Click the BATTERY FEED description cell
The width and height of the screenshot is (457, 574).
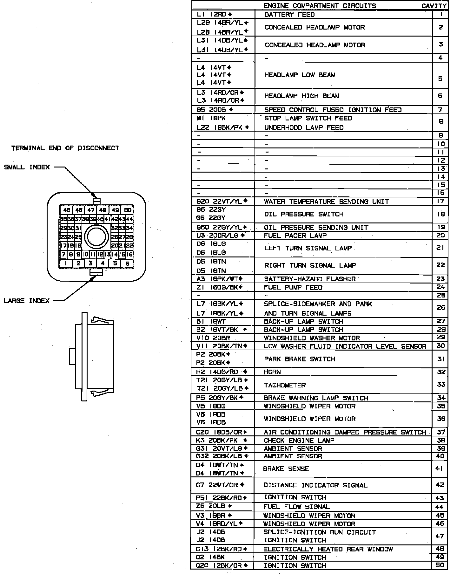[289, 15]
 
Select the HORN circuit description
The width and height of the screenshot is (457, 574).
[272, 372]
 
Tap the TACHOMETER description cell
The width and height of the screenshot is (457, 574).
[285, 385]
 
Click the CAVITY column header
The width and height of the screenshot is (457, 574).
[434, 6]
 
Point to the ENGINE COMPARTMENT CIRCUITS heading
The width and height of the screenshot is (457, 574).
[320, 6]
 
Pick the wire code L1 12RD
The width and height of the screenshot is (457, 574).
[215, 15]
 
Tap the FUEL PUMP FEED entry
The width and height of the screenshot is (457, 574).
[293, 288]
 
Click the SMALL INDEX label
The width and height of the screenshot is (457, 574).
[27, 167]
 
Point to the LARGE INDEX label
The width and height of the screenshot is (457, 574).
[27, 301]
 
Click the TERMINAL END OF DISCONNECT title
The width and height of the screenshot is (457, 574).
[65, 148]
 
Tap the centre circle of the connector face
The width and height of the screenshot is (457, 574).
[96, 237]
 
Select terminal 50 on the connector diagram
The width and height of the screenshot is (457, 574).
[128, 210]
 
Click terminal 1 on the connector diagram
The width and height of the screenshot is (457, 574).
[66, 263]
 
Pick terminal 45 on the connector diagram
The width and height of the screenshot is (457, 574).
[66, 210]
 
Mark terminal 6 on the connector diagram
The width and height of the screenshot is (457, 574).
[127, 263]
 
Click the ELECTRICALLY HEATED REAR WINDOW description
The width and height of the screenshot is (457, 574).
[328, 549]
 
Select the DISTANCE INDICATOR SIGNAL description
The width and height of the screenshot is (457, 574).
[315, 485]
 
